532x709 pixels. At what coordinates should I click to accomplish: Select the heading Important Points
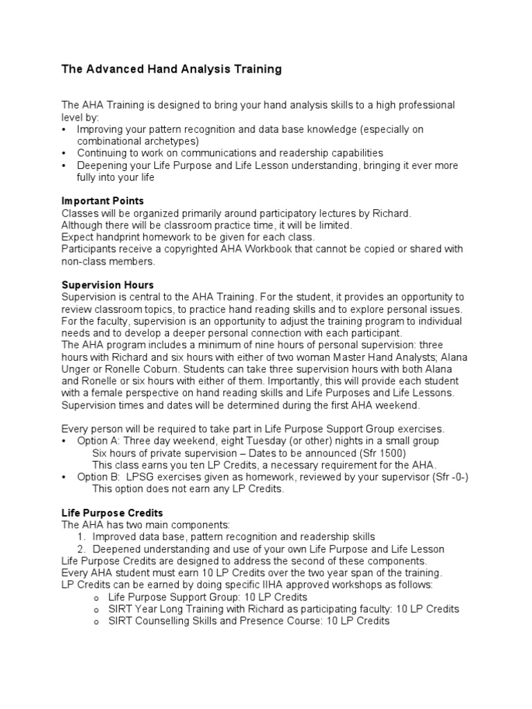click(103, 201)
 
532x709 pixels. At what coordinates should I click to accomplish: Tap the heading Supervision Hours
click(107, 285)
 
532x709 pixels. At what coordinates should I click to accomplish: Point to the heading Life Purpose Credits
click(112, 513)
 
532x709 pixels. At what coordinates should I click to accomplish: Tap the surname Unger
click(76, 369)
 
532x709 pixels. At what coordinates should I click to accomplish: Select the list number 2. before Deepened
click(82, 549)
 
